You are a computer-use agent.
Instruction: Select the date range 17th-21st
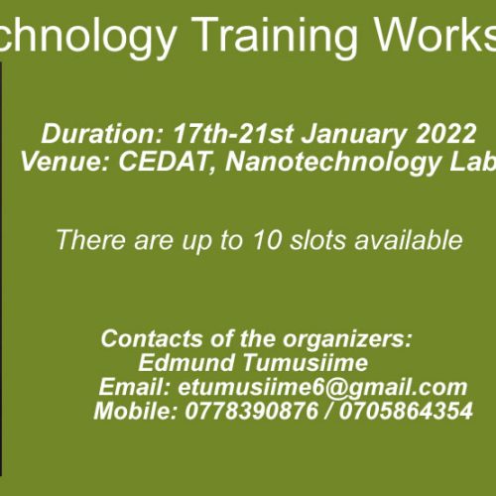click(x=233, y=134)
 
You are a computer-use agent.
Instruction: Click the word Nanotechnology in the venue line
click(x=333, y=163)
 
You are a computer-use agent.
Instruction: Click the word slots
click(x=317, y=240)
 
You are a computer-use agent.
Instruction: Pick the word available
click(x=409, y=240)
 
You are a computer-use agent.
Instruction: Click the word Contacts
click(x=152, y=338)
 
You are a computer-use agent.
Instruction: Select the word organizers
click(x=347, y=340)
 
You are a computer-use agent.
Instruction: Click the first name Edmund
click(x=186, y=363)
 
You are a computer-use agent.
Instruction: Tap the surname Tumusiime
click(x=306, y=363)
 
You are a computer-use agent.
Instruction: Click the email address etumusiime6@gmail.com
click(x=322, y=389)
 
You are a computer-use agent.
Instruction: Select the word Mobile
click(x=135, y=411)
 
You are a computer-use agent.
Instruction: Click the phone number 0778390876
click(x=251, y=411)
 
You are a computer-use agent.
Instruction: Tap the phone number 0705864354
click(x=406, y=411)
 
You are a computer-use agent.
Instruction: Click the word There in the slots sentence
click(x=91, y=240)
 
